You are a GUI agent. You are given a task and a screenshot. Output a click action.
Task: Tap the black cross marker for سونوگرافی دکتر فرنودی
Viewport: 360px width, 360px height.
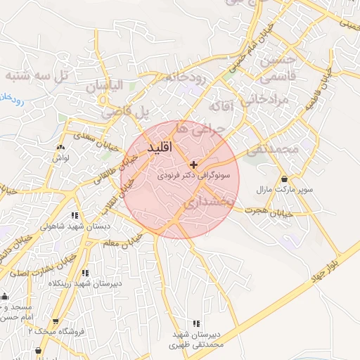click(194, 165)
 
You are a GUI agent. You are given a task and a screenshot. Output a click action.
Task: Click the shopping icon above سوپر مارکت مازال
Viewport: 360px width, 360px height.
click(284, 180)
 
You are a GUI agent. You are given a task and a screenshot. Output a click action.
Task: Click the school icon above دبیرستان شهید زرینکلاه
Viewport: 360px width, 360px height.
click(85, 273)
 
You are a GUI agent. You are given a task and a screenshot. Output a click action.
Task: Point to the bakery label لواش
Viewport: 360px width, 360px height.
click(59, 159)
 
